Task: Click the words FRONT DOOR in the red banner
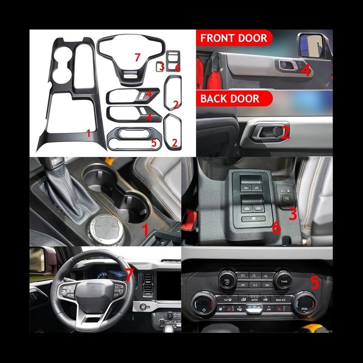234,38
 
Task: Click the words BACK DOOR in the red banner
231,98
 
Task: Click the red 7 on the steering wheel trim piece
137,58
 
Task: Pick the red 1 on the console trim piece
88,133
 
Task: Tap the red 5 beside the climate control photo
314,282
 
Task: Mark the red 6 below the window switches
276,227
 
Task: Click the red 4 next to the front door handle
305,70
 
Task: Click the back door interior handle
268,132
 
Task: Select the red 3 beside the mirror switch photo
293,213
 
